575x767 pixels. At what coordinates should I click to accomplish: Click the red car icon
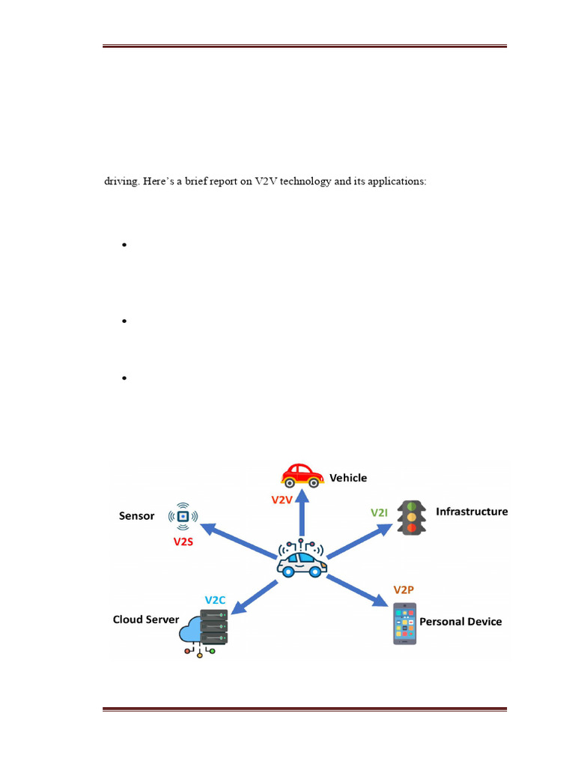pyautogui.click(x=302, y=475)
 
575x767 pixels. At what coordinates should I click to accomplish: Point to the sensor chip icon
pyautogui.click(x=183, y=516)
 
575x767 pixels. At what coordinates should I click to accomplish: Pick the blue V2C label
pyautogui.click(x=216, y=600)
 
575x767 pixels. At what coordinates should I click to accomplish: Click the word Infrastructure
pyautogui.click(x=472, y=512)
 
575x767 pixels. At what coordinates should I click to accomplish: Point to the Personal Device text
pyautogui.click(x=460, y=622)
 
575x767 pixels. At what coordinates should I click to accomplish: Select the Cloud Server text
pyautogui.click(x=146, y=619)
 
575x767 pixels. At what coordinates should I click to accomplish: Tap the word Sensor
pyautogui.click(x=137, y=515)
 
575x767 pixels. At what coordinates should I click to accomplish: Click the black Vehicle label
pyautogui.click(x=349, y=478)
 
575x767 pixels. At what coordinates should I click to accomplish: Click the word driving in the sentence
pyautogui.click(x=120, y=181)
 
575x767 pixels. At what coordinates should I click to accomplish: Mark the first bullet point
pyautogui.click(x=124, y=245)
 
